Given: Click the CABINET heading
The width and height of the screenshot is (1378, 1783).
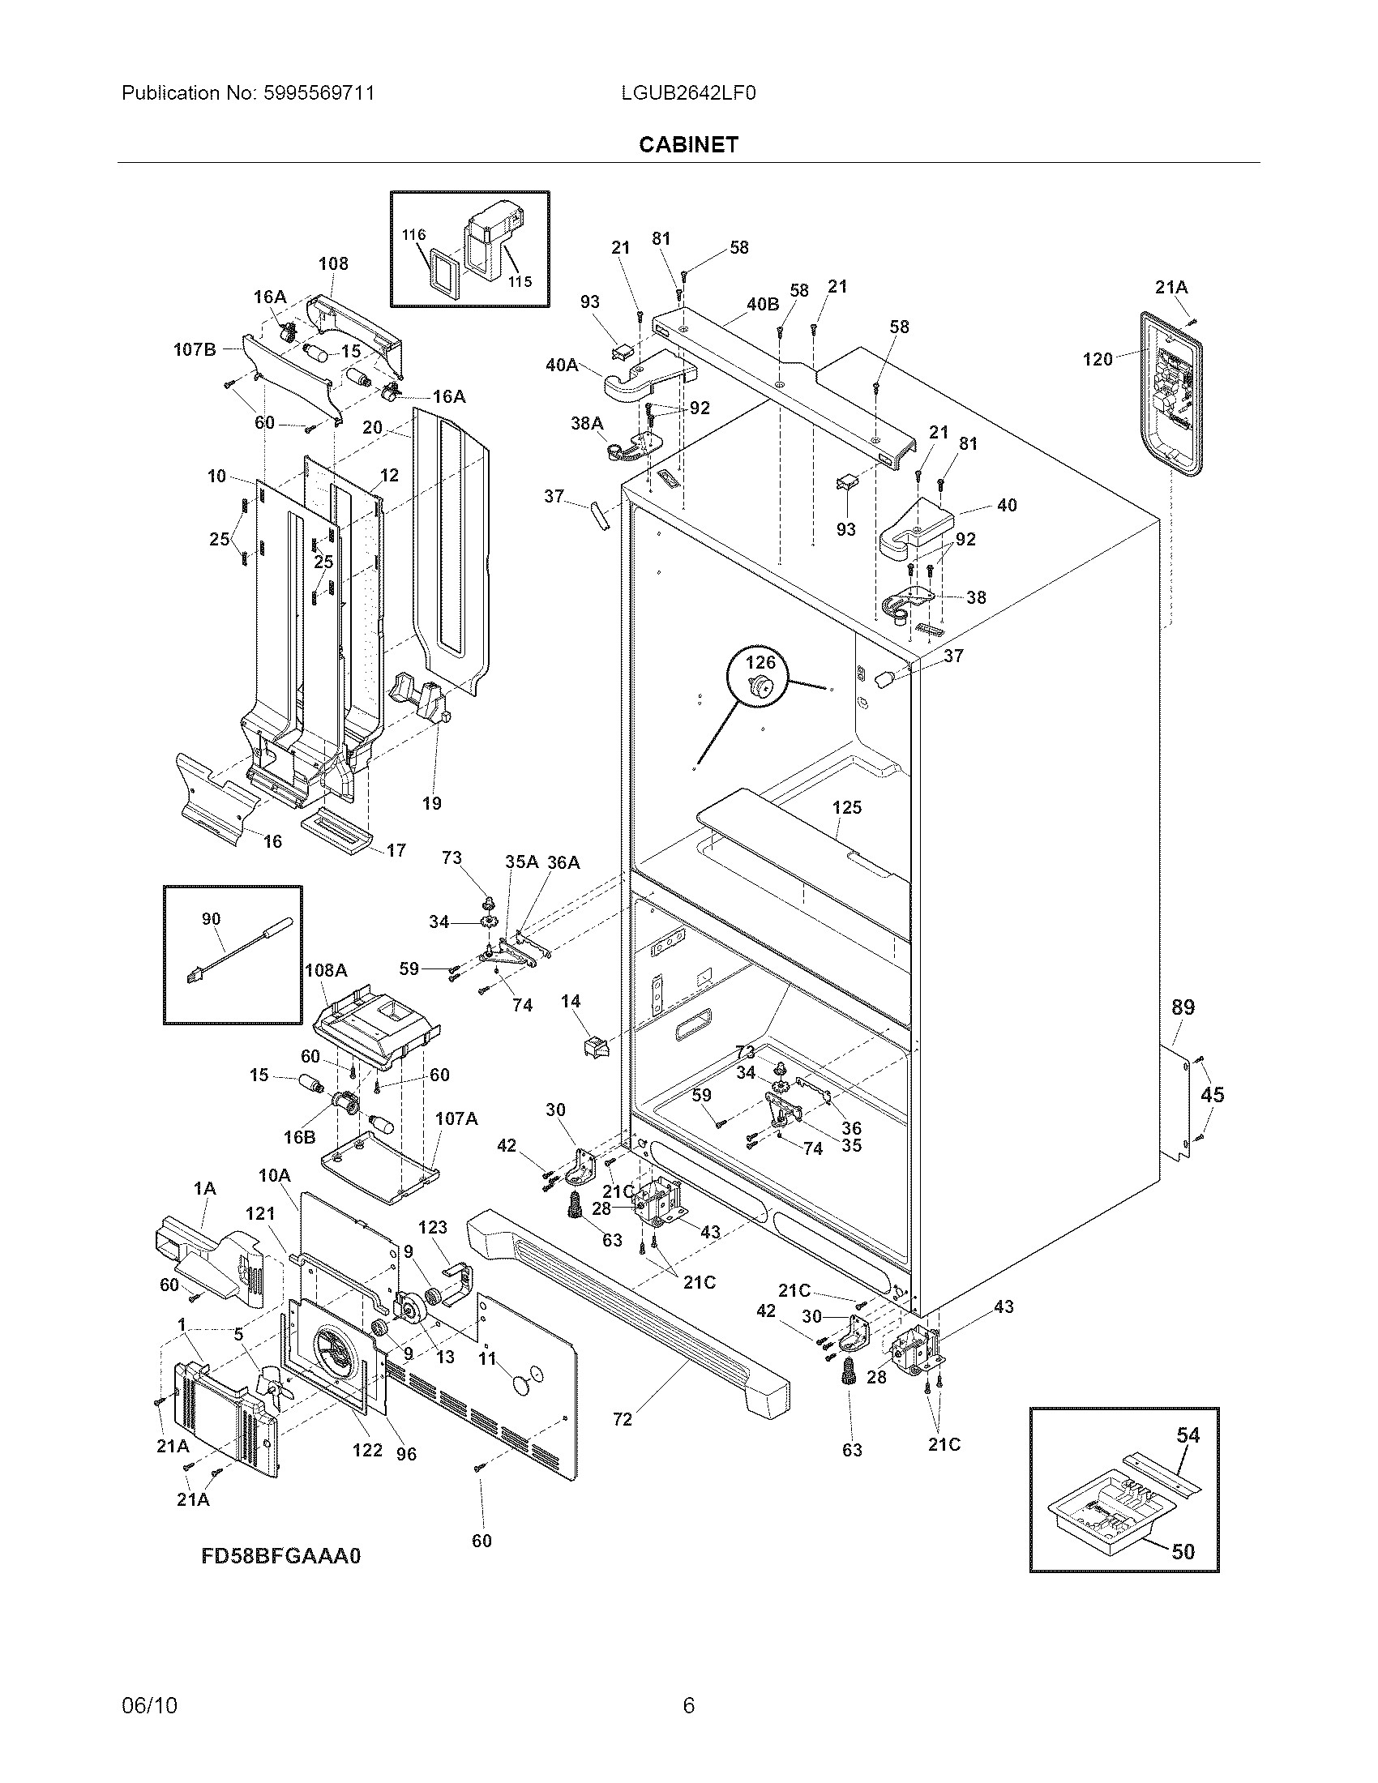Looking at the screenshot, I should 688,144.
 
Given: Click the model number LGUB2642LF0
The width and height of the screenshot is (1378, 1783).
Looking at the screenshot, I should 688,93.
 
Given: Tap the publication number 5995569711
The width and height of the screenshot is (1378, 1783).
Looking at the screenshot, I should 319,93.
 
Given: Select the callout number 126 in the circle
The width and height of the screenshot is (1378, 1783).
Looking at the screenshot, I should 761,661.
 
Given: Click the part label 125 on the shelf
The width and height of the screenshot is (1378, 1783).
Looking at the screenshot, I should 846,807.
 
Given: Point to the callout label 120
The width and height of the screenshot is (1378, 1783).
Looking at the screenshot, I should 1098,359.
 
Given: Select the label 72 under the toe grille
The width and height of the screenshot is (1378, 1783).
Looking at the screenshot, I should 622,1420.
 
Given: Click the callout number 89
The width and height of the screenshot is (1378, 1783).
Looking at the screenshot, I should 1183,1007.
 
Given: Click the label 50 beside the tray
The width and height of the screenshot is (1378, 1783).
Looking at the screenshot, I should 1183,1551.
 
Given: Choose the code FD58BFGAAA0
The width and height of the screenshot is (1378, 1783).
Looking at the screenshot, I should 280,1556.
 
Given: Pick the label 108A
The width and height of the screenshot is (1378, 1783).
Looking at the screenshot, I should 326,970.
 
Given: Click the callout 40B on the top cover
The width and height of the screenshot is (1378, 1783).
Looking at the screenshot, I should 763,305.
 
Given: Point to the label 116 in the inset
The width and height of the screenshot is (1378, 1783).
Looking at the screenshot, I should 413,235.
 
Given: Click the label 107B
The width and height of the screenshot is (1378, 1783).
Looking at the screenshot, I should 195,349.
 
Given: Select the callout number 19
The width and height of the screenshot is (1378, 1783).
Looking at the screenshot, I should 431,803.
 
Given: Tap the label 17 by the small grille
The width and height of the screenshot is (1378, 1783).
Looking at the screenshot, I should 396,851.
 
